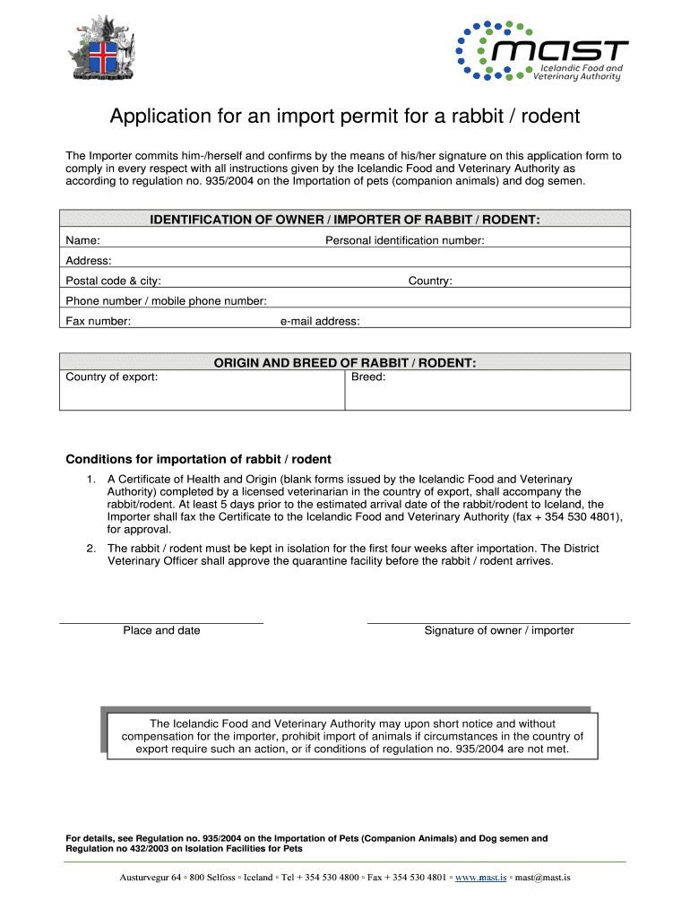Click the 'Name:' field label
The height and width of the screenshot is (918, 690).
click(x=82, y=240)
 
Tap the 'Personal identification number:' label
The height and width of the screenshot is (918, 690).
click(x=404, y=240)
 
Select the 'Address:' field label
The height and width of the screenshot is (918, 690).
click(x=89, y=261)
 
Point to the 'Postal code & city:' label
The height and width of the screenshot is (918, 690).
click(x=113, y=281)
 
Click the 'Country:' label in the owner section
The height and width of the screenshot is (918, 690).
click(x=430, y=281)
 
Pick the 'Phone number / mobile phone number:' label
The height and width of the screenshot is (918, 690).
click(x=166, y=301)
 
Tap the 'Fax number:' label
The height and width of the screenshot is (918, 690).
click(x=98, y=321)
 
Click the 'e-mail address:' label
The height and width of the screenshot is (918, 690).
click(x=319, y=321)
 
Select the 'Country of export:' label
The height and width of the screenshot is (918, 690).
click(x=112, y=377)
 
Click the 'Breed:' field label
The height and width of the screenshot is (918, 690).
click(x=368, y=377)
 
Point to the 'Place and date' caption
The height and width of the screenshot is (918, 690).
click(x=161, y=630)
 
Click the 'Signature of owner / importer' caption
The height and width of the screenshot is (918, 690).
click(x=499, y=630)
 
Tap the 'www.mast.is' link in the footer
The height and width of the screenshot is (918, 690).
click(x=481, y=877)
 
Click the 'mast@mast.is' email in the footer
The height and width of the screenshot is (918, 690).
click(x=542, y=877)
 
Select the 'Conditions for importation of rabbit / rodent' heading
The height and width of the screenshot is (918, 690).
click(x=198, y=459)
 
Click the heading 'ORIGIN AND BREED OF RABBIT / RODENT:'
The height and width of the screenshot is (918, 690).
click(x=345, y=362)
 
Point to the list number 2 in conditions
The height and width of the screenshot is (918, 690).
click(x=91, y=549)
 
